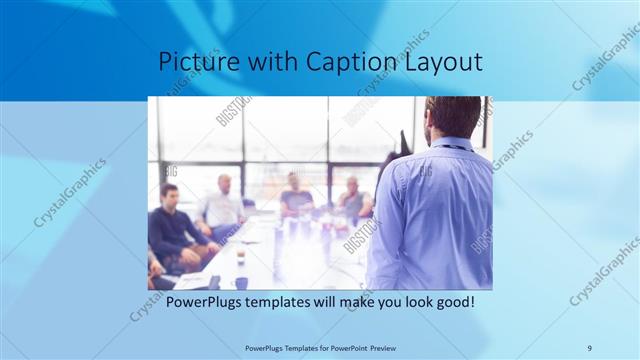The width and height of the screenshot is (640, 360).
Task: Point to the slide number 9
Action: point(589,347)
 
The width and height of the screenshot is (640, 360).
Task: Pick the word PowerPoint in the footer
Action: point(339,347)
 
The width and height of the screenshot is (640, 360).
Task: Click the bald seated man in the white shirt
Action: point(222,205)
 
